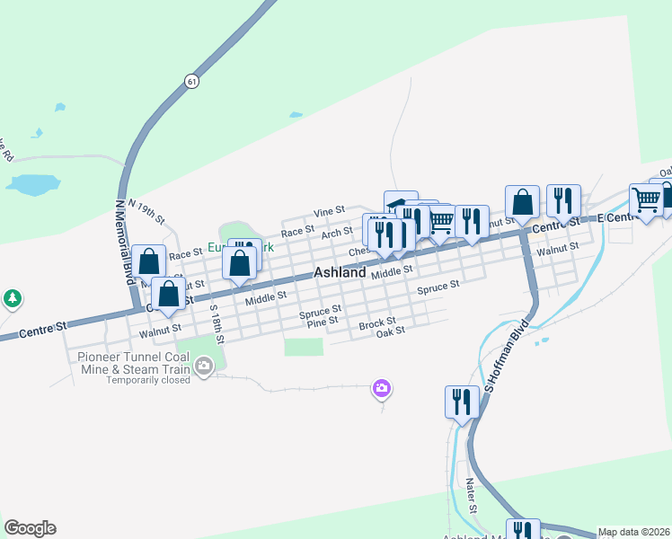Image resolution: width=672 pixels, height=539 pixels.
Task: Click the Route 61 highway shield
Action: pos(191,81)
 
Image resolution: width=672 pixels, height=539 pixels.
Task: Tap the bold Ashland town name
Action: pos(340,272)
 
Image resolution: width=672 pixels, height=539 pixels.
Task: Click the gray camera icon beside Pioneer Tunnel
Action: pos(204,365)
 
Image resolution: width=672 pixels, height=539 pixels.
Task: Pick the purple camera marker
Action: pos(382,388)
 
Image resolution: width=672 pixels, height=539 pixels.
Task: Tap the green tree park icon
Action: pos(11,297)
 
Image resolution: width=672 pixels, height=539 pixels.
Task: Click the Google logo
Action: pos(30,528)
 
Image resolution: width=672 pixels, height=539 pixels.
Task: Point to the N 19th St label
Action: pos(147,212)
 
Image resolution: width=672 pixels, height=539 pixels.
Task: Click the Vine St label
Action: pos(329,211)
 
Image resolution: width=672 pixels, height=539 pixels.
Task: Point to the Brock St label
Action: pos(376,323)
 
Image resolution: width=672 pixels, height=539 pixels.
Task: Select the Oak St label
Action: pos(391,331)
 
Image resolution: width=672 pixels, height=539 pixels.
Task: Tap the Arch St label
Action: pos(337,233)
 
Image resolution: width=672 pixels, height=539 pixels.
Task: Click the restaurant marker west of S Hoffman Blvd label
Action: pos(462,402)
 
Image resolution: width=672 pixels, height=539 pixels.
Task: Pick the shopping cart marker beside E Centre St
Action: pos(645,200)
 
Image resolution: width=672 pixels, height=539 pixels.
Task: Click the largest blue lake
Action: pos(32,185)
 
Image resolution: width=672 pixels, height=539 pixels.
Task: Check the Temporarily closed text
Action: pos(148,380)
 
